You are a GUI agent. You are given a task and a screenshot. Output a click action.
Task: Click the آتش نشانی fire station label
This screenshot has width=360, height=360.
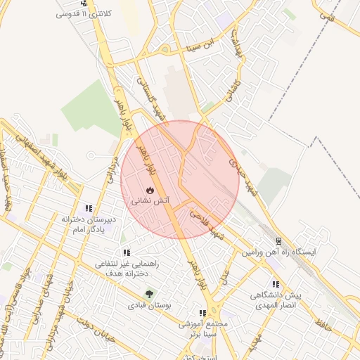point(149,200)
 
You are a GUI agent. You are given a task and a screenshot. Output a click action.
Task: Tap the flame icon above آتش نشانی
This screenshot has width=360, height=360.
point(149,190)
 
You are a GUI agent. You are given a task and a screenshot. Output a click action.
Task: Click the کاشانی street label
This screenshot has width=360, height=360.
point(232,91)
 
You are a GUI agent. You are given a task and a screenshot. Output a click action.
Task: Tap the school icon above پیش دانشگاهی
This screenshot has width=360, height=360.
point(276,285)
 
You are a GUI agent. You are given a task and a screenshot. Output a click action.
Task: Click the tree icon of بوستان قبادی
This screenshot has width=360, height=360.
point(148,294)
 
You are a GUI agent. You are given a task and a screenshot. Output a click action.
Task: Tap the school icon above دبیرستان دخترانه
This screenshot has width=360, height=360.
point(89,208)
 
